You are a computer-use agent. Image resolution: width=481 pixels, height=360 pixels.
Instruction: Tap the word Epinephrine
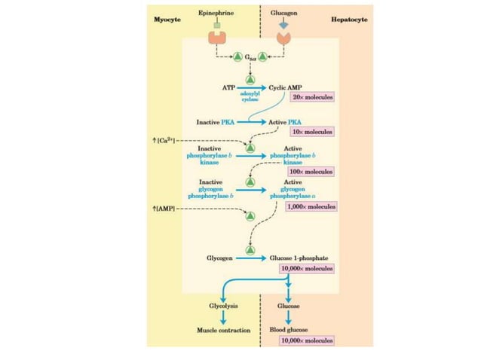point(215,14)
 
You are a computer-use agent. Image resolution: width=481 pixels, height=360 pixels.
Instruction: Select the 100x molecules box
point(310,172)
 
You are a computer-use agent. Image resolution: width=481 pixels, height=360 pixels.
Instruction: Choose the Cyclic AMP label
point(286,87)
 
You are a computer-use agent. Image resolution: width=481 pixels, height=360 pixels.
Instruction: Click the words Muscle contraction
point(223,330)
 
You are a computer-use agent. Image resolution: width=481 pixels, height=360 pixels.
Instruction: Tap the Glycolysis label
point(223,306)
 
